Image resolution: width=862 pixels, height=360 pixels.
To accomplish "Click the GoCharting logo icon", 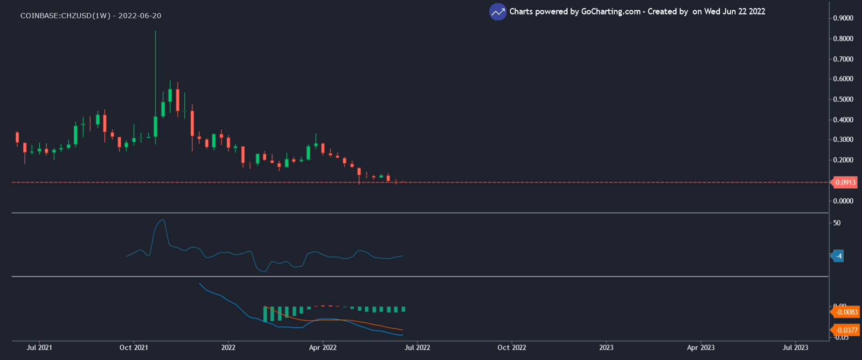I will [498, 12].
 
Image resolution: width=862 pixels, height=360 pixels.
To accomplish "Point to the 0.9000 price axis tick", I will [843, 18].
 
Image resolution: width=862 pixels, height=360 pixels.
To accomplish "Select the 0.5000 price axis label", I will [843, 99].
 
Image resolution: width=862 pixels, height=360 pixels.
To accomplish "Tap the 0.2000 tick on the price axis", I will [843, 160].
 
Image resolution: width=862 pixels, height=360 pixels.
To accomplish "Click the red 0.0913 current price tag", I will [845, 182].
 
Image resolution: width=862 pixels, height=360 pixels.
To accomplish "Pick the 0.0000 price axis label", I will [843, 201].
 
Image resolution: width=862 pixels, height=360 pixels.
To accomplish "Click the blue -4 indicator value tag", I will [838, 256].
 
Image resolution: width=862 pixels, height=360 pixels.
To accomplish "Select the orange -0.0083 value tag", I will [846, 312].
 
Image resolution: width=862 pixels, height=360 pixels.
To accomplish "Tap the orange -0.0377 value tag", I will [846, 330].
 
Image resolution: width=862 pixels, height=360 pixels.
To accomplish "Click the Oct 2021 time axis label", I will [133, 347].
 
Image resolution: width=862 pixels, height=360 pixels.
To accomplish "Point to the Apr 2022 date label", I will [322, 347].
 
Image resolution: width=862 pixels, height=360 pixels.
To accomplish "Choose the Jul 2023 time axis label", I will [795, 347].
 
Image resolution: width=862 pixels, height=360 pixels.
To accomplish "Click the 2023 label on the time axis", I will [606, 347].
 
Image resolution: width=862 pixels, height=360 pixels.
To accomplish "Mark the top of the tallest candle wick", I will [155, 31].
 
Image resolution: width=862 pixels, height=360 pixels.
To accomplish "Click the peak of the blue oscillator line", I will [162, 220].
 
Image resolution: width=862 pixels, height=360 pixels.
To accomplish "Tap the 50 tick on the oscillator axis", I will [837, 223].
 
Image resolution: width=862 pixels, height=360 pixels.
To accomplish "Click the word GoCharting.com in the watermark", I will [611, 12].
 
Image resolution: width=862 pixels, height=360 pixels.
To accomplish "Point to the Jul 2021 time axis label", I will [39, 347].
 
